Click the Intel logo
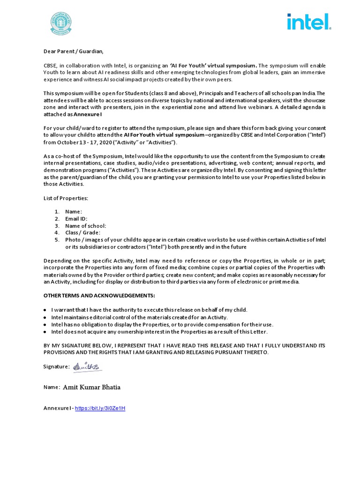tap(308, 22)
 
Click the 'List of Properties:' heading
tap(66, 198)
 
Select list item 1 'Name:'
tap(74, 212)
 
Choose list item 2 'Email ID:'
tap(76, 219)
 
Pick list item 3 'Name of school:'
tap(85, 226)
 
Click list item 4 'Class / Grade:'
tap(82, 232)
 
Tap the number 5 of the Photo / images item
tap(56, 240)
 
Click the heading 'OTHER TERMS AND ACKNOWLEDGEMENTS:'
tap(99, 296)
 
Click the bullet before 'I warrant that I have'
tap(45, 310)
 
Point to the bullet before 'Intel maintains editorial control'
tap(45, 317)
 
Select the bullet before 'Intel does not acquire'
tap(45, 331)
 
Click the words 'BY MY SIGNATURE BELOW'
tap(79, 345)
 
